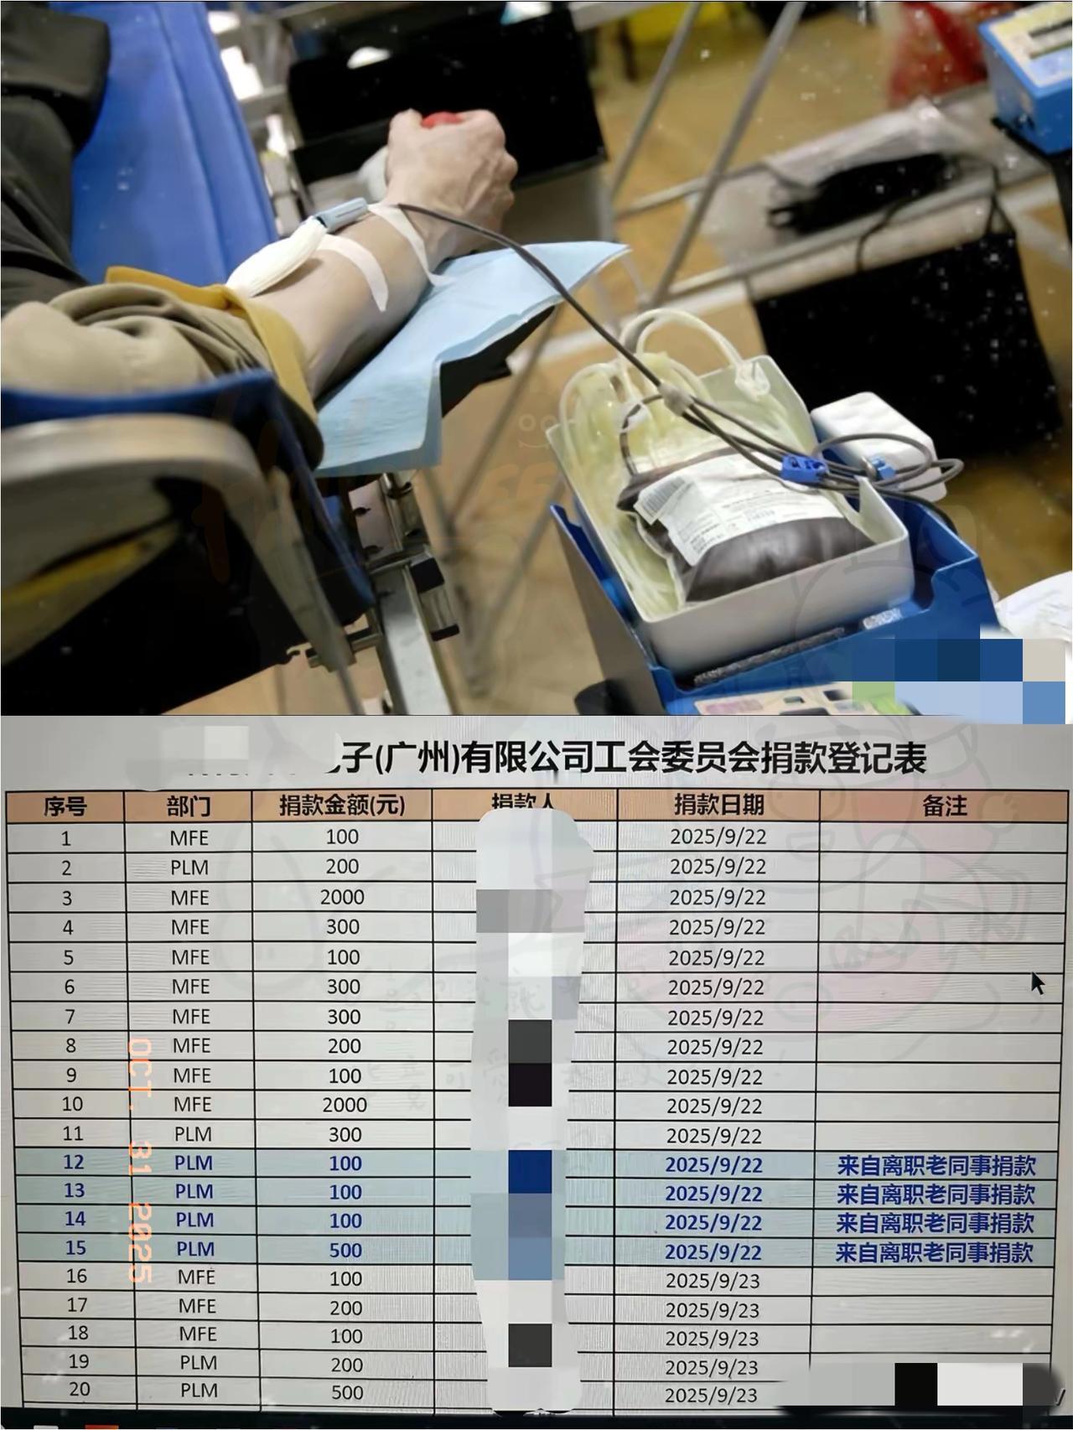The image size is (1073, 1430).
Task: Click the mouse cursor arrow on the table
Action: [1037, 982]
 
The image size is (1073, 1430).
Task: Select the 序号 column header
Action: [65, 806]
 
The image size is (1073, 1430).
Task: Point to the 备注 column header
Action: [944, 806]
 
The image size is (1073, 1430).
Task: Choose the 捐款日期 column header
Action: [718, 805]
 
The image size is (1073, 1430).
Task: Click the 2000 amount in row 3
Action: [342, 897]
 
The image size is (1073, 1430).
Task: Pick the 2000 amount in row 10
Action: [345, 1105]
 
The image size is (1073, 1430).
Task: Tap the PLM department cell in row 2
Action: [189, 868]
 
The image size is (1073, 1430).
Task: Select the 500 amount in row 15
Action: [345, 1250]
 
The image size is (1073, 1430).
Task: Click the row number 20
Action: [79, 1389]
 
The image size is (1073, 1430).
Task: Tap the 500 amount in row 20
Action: [347, 1392]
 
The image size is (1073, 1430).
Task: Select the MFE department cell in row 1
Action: [189, 837]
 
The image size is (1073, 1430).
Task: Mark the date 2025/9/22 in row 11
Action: [714, 1135]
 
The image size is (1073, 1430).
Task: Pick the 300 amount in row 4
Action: [342, 927]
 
